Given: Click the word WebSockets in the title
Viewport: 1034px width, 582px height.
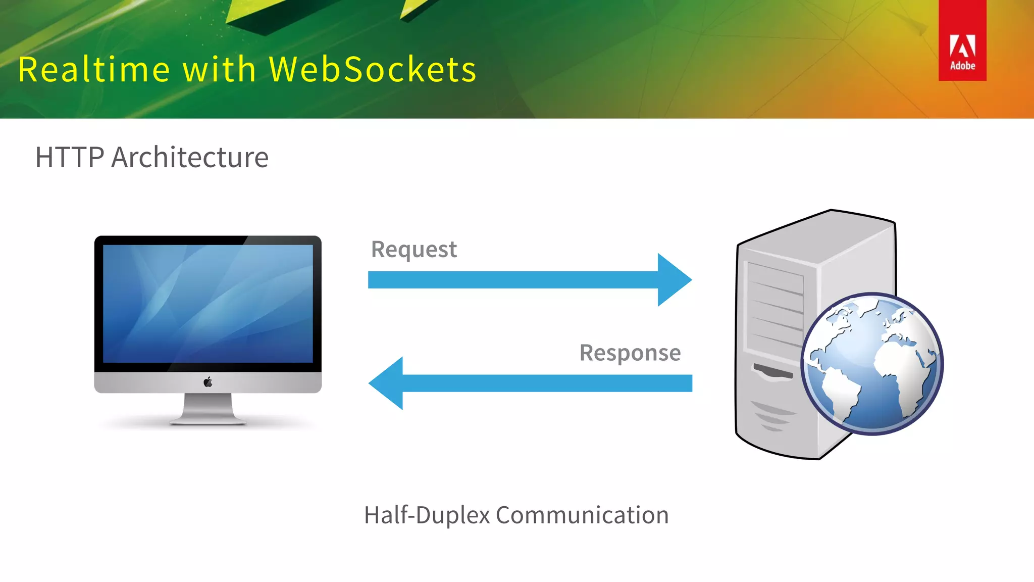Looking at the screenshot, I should tap(373, 69).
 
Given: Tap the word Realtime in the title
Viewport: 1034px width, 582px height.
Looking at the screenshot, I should tap(94, 69).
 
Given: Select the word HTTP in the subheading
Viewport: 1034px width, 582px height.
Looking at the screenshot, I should tap(70, 157).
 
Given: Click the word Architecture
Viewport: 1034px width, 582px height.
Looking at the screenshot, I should tap(190, 157).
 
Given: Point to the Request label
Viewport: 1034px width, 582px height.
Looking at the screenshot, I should tap(413, 250).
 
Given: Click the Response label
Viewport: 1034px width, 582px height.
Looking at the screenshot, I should tap(630, 353).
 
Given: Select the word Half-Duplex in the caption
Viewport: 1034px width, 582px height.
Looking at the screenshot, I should tap(427, 515).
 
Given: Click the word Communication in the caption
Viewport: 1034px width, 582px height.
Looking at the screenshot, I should tap(582, 515).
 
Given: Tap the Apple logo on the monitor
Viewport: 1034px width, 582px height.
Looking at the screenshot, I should tap(208, 382).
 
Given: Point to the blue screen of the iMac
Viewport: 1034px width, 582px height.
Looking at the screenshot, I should tap(208, 303).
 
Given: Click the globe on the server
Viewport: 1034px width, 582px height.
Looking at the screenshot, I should tap(872, 364).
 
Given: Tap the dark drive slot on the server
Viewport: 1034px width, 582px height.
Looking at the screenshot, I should tap(772, 372).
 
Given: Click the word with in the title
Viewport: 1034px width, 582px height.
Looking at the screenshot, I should tap(219, 69).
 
